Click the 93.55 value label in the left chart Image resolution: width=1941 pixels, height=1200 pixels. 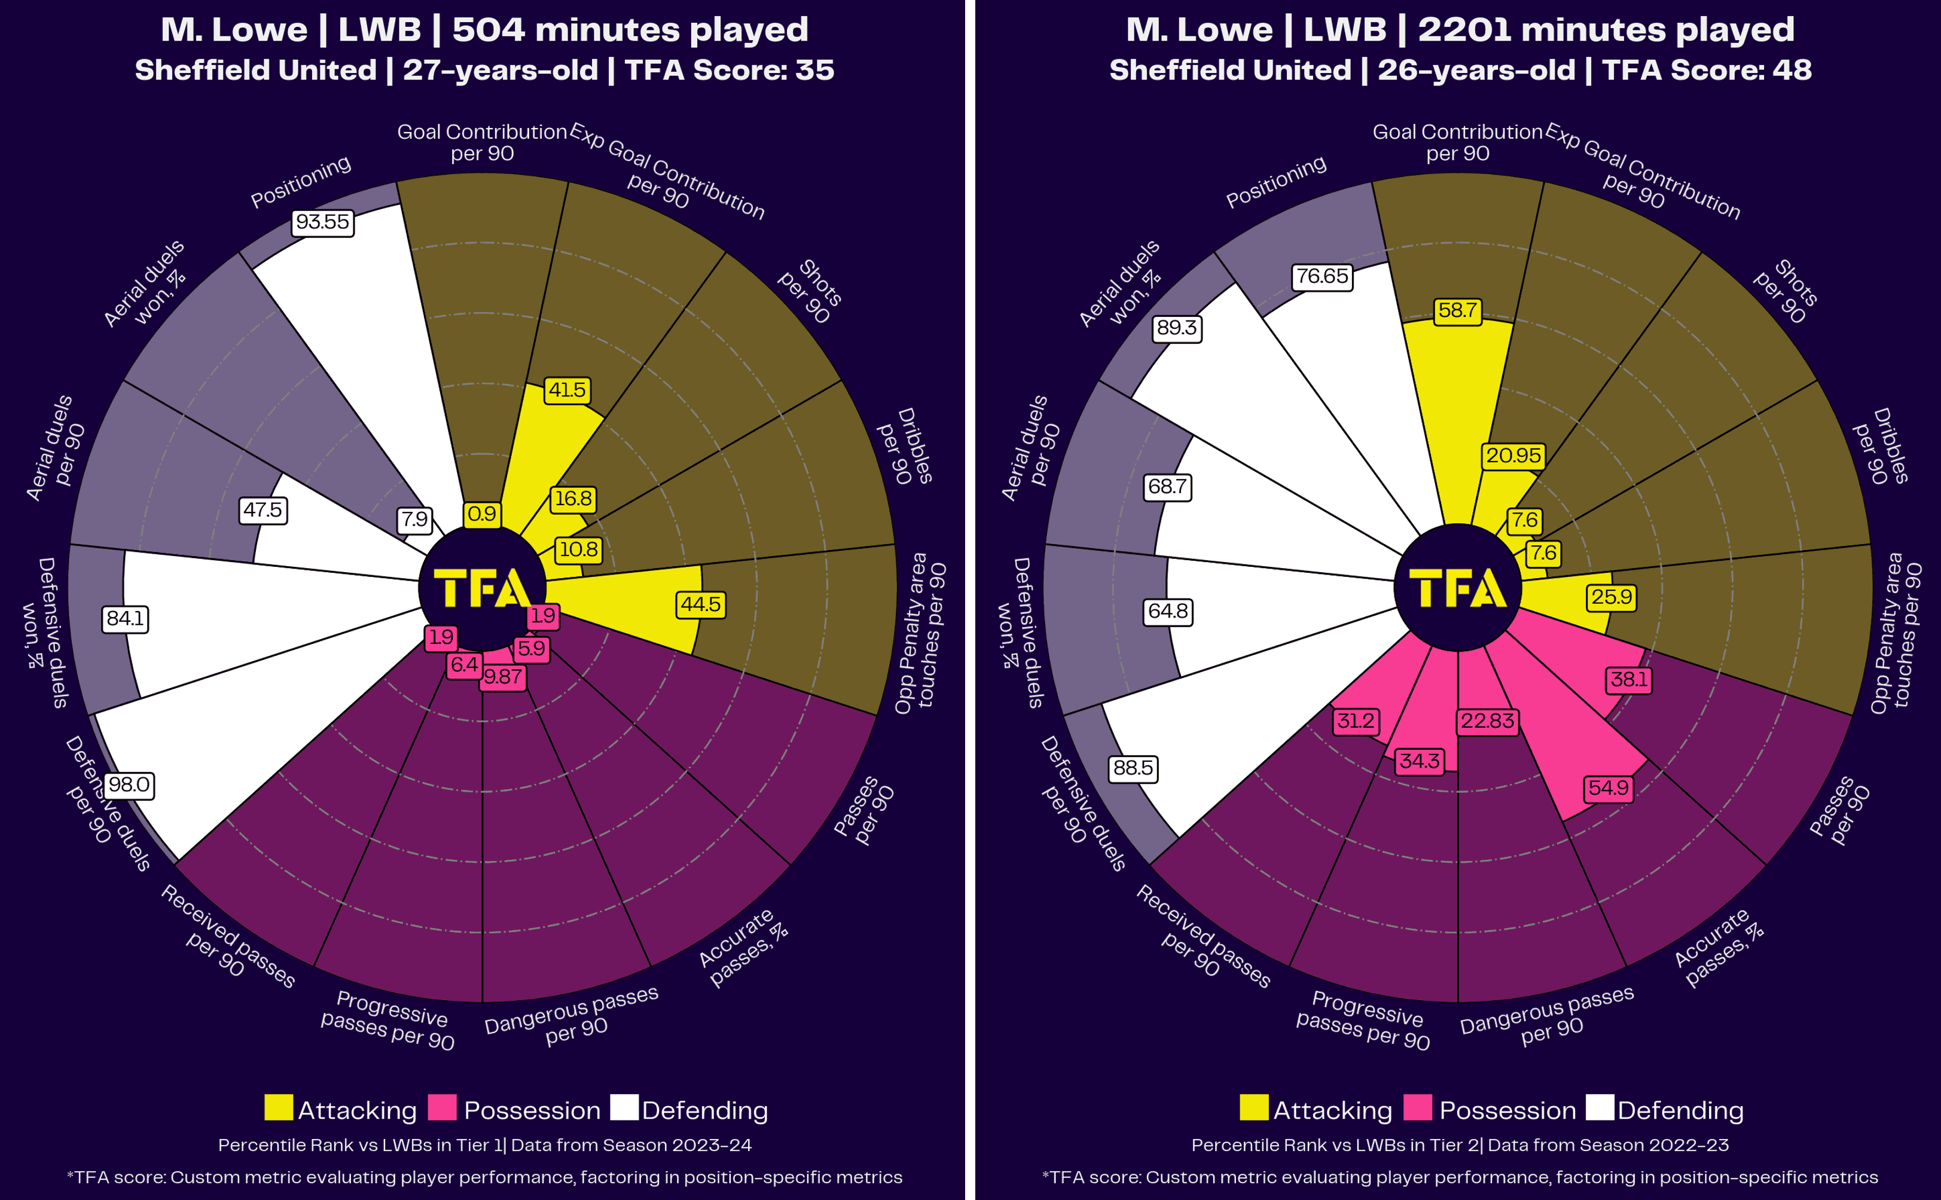[x=322, y=222]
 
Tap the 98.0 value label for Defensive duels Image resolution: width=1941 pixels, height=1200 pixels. [x=129, y=785]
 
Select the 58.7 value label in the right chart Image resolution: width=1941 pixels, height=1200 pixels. [x=1457, y=310]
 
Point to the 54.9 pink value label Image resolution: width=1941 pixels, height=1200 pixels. [x=1608, y=788]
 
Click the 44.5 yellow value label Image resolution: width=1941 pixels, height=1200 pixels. [x=701, y=604]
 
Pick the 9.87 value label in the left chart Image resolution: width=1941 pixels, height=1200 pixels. [x=503, y=677]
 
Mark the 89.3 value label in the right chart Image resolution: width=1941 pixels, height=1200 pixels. [x=1176, y=328]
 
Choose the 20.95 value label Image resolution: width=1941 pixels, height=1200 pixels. [x=1513, y=456]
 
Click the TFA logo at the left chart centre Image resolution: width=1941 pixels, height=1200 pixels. [x=482, y=588]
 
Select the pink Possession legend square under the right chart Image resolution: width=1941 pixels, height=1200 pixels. [x=1417, y=1108]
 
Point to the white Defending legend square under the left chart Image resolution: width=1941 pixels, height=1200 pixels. [x=624, y=1108]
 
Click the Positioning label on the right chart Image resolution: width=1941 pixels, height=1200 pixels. [x=1275, y=182]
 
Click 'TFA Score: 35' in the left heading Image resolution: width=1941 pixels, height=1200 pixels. [x=730, y=71]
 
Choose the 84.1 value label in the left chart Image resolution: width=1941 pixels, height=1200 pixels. [x=126, y=618]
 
